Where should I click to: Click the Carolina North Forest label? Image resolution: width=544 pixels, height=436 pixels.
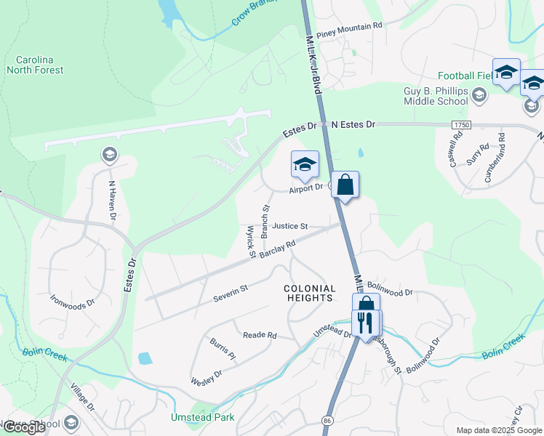(x=35, y=65)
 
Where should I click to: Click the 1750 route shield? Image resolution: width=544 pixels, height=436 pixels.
(x=460, y=124)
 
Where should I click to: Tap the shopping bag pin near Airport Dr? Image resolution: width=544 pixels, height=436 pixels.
(x=345, y=185)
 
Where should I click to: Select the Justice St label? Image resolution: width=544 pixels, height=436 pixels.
(x=290, y=226)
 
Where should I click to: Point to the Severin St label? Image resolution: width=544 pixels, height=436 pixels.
(x=231, y=293)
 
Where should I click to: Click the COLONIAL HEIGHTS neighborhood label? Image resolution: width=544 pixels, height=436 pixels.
(x=309, y=294)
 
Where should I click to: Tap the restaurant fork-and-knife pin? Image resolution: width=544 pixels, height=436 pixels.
(x=366, y=323)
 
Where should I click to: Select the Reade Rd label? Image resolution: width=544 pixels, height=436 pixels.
(x=260, y=335)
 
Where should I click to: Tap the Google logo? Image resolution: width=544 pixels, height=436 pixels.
(x=24, y=427)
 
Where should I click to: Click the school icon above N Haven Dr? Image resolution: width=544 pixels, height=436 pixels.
(x=109, y=154)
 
